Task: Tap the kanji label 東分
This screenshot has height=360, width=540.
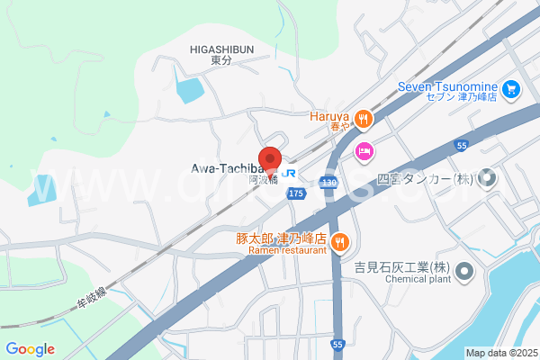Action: point(221,60)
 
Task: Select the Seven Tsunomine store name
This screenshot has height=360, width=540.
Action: point(448,87)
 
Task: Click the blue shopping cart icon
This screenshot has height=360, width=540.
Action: point(511,89)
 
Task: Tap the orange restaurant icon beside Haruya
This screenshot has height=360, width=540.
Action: point(362,118)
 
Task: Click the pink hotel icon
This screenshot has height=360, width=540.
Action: point(364,150)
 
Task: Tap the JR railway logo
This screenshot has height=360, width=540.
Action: point(289,171)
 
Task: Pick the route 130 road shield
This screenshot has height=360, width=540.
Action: point(328,183)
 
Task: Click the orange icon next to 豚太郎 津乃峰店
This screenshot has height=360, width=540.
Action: point(340,240)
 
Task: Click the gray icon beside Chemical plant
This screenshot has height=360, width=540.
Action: point(464,270)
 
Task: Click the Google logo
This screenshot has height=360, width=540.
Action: point(30,349)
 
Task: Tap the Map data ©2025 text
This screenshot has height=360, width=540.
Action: point(500,352)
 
